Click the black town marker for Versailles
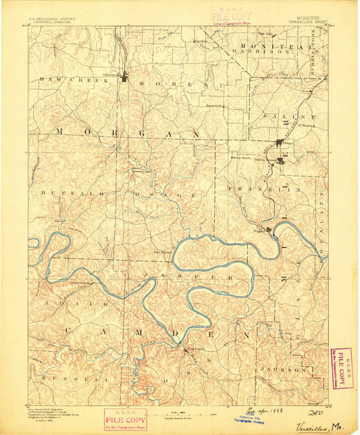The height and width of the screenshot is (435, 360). pyautogui.click(x=126, y=78)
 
